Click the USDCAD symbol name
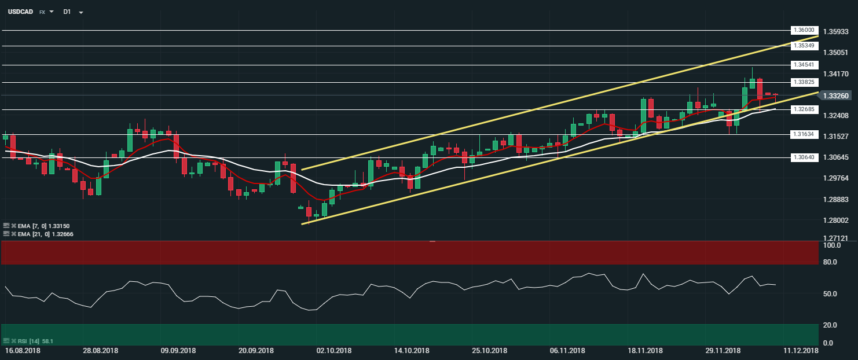pyautogui.click(x=20, y=12)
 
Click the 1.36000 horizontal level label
pyautogui.click(x=804, y=30)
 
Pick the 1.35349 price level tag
pyautogui.click(x=804, y=46)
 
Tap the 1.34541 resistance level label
pyautogui.click(x=804, y=65)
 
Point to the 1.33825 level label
pyautogui.click(x=804, y=82)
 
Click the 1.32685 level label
pyautogui.click(x=804, y=109)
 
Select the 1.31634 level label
pyautogui.click(x=804, y=134)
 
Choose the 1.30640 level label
pyautogui.click(x=804, y=157)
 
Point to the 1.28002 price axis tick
pyautogui.click(x=835, y=221)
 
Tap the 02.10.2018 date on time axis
pyautogui.click(x=333, y=351)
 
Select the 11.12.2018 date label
pyautogui.click(x=801, y=351)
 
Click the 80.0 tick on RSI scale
pyautogui.click(x=831, y=262)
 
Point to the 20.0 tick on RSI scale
pyautogui.click(x=831, y=325)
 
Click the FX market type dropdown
pyautogui.click(x=46, y=12)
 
